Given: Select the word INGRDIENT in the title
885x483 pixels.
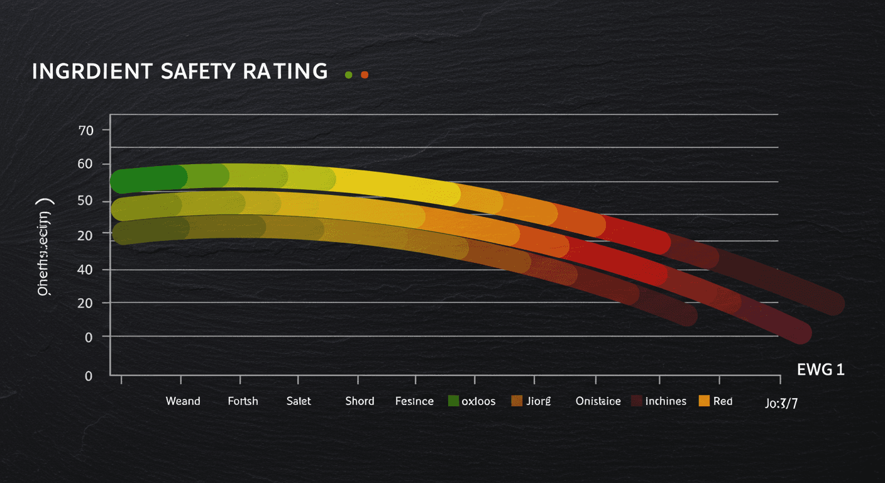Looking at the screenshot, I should [92, 72].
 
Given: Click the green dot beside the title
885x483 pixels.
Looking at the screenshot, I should [349, 75].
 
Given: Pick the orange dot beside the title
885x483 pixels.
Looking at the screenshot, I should [364, 75].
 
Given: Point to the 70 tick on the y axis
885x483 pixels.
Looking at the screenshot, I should [85, 131].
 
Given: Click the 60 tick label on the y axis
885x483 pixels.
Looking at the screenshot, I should [85, 164].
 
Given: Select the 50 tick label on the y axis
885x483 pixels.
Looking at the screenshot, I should [85, 201].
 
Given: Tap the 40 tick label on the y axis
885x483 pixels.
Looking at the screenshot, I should [85, 270].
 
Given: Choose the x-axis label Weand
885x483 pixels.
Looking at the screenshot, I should [183, 401].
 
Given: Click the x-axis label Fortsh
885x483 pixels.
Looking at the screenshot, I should [243, 401].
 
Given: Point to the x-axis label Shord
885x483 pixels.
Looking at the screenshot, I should [360, 401].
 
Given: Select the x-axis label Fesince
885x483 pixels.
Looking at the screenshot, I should [414, 401].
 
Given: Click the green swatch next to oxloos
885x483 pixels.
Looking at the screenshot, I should [453, 401].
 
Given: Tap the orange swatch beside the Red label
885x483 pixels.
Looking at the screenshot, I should [704, 401].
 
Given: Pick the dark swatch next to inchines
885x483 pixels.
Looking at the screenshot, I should [636, 401].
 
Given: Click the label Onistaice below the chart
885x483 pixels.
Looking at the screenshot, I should [598, 401].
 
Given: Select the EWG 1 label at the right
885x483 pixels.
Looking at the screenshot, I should [820, 370].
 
